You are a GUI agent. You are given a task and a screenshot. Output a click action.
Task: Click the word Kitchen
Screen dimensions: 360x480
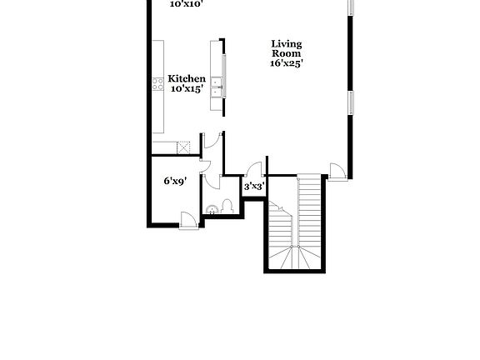(x=186, y=79)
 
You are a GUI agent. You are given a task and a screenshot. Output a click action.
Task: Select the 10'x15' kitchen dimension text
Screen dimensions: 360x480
(x=186, y=88)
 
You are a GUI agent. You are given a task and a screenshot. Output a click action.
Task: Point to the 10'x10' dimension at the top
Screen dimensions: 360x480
(x=187, y=3)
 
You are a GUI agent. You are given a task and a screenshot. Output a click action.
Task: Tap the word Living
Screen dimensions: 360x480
(x=286, y=43)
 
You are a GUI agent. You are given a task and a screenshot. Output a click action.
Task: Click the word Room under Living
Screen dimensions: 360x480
(x=286, y=52)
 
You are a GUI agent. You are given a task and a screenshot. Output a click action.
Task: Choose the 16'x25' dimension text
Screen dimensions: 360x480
(x=286, y=62)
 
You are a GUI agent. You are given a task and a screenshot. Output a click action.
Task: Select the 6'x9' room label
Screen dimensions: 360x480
(x=173, y=180)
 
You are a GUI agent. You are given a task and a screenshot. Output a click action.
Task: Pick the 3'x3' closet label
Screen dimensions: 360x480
(x=253, y=187)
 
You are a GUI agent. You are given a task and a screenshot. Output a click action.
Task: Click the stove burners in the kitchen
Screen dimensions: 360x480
(x=157, y=82)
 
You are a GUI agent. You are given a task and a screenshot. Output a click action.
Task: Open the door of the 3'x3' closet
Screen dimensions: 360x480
(x=257, y=167)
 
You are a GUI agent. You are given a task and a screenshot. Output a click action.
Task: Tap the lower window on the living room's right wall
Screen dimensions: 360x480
(x=351, y=103)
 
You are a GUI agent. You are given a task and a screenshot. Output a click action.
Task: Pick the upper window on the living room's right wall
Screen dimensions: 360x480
(x=351, y=7)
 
